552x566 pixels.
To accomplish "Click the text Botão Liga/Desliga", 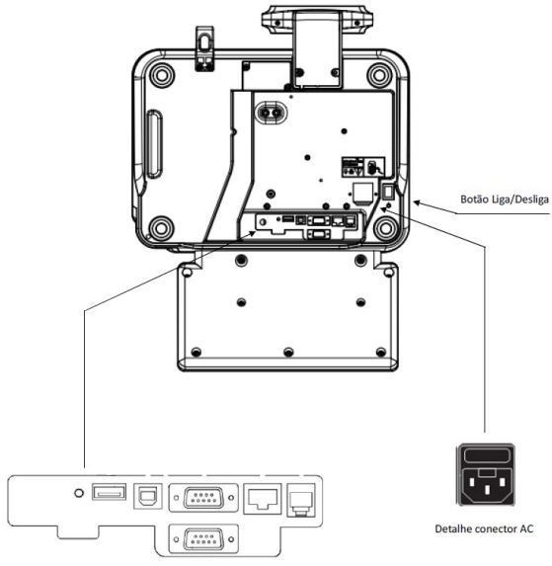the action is pos(505,200).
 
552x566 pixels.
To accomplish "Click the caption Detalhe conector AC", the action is pos(484,528).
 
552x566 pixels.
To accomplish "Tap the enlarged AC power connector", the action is pos(486,475).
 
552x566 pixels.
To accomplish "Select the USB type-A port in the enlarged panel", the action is pos(109,492).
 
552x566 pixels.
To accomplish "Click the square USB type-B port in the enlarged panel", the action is pos(148,496).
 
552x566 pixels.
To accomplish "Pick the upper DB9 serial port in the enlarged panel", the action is pos(203,498).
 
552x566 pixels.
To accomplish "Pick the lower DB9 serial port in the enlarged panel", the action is pos(203,539).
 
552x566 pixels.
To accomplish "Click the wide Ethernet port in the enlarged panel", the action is pos(263,499).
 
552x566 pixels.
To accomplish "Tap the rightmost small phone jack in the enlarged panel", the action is pos(301,500).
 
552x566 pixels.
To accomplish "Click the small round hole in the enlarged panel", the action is pos(79,493).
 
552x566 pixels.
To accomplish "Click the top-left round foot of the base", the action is pos(162,75).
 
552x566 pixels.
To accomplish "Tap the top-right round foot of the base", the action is pos(379,75).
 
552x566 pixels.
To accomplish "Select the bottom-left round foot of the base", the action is pos(161,228).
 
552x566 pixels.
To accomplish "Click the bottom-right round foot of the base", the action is pos(385,228).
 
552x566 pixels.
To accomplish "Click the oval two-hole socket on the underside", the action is pos(271,113).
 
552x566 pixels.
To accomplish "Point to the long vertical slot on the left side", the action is pos(154,144).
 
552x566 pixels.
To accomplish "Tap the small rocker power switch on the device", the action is pos(387,192).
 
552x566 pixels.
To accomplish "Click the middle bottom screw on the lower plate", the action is pos(288,352).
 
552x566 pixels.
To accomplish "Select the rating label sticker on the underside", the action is pos(363,167).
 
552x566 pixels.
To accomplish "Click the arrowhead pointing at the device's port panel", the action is pos(253,234).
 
